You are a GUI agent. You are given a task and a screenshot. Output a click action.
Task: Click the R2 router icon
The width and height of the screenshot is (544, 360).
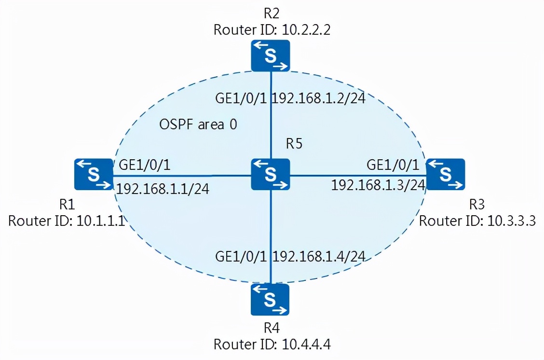pyautogui.click(x=270, y=55)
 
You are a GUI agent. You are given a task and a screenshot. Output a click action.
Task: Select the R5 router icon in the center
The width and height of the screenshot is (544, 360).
pyautogui.click(x=270, y=174)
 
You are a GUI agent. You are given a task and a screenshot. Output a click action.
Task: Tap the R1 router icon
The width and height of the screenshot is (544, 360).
pyautogui.click(x=93, y=174)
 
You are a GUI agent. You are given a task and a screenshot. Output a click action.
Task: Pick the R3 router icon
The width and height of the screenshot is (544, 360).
pyautogui.click(x=445, y=174)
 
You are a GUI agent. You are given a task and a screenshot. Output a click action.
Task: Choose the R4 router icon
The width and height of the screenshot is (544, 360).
pyautogui.click(x=270, y=299)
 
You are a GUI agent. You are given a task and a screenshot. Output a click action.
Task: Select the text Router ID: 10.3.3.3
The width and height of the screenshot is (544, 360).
pyautogui.click(x=477, y=221)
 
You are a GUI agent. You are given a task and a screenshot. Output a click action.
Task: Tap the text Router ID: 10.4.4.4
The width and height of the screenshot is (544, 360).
pyautogui.click(x=274, y=345)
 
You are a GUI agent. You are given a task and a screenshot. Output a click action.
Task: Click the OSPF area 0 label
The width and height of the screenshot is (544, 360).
pyautogui.click(x=198, y=125)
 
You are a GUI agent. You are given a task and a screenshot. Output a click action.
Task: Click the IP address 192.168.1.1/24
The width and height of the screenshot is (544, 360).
pyautogui.click(x=163, y=188)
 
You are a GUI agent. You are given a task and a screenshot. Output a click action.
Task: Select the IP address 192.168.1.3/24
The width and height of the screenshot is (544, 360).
pyautogui.click(x=378, y=185)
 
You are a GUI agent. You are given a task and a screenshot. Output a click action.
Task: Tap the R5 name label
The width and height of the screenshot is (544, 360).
pyautogui.click(x=294, y=144)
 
